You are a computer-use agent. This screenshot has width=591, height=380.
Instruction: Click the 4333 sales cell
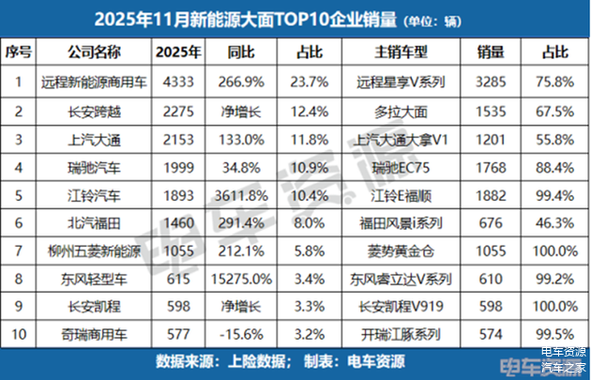point(178,81)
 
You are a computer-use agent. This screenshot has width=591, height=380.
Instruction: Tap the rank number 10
point(19,333)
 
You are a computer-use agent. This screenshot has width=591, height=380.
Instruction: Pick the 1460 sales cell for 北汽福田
point(178,223)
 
